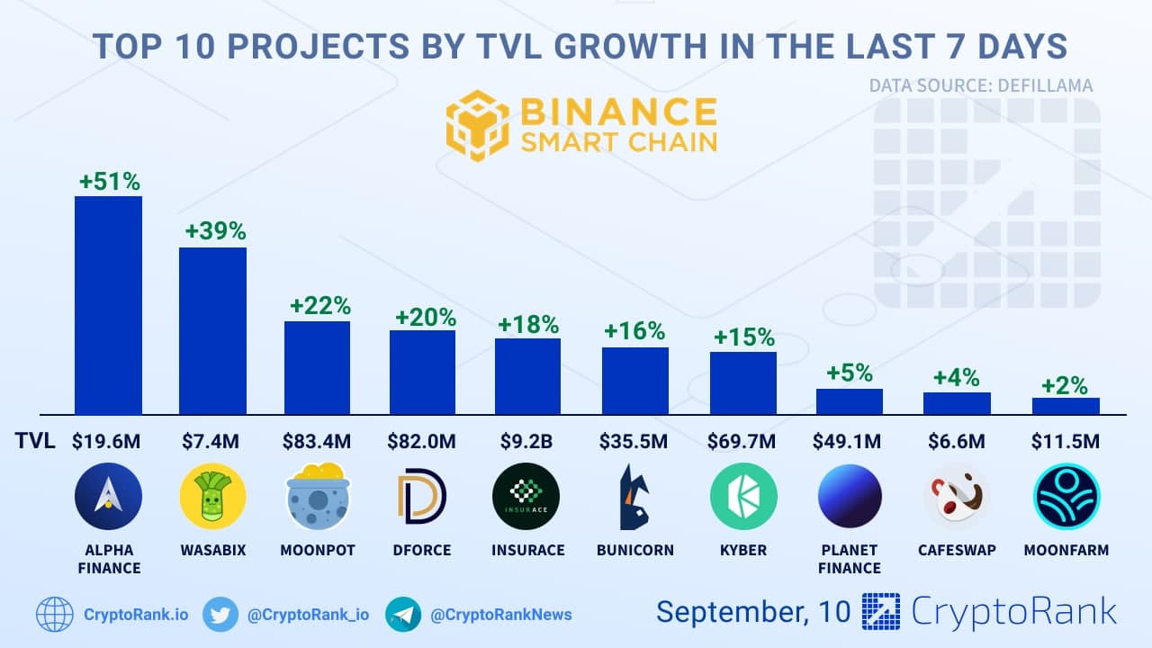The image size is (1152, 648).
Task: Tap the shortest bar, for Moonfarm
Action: click(x=1066, y=406)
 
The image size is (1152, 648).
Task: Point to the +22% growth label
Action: click(x=319, y=305)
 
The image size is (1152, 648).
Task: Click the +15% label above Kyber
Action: click(x=743, y=337)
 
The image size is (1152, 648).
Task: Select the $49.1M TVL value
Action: click(x=850, y=441)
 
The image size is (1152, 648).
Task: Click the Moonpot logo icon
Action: click(x=318, y=496)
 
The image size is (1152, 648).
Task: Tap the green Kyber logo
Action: click(x=743, y=496)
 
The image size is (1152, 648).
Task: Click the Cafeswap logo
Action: click(x=956, y=496)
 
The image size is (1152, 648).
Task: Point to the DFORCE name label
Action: click(x=422, y=550)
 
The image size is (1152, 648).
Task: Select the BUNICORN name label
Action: click(x=635, y=550)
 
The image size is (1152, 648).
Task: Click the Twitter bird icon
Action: click(x=220, y=615)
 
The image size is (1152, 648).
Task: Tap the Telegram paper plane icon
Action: click(x=403, y=615)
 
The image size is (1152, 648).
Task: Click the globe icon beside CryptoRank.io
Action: click(x=55, y=615)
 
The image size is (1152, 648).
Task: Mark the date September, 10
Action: click(x=752, y=612)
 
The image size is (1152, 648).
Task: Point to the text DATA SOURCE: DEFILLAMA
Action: click(x=981, y=86)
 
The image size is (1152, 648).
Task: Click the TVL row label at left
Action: click(x=35, y=441)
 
